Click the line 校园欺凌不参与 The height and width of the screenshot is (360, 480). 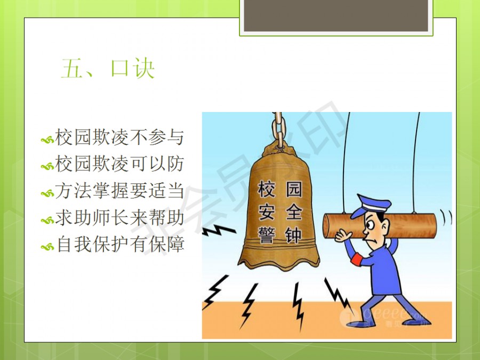click(x=119, y=137)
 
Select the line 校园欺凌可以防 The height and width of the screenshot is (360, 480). click(x=119, y=164)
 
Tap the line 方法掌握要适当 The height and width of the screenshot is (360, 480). click(x=119, y=190)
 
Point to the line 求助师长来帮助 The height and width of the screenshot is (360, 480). click(x=119, y=218)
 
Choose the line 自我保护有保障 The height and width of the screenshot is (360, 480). click(x=121, y=244)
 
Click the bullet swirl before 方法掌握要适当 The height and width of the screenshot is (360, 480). click(x=47, y=194)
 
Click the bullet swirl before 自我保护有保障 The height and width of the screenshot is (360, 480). click(x=47, y=247)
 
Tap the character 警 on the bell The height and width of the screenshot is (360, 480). click(x=266, y=235)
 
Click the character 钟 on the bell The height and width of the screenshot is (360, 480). click(x=293, y=235)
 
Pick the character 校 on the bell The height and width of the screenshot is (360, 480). click(x=266, y=189)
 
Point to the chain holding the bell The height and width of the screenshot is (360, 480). click(x=278, y=129)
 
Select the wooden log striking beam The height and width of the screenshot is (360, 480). click(x=380, y=226)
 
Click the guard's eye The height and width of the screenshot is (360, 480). click(x=370, y=226)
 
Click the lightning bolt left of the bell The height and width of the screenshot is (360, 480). click(x=219, y=230)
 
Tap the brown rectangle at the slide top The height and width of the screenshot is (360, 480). click(x=336, y=15)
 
